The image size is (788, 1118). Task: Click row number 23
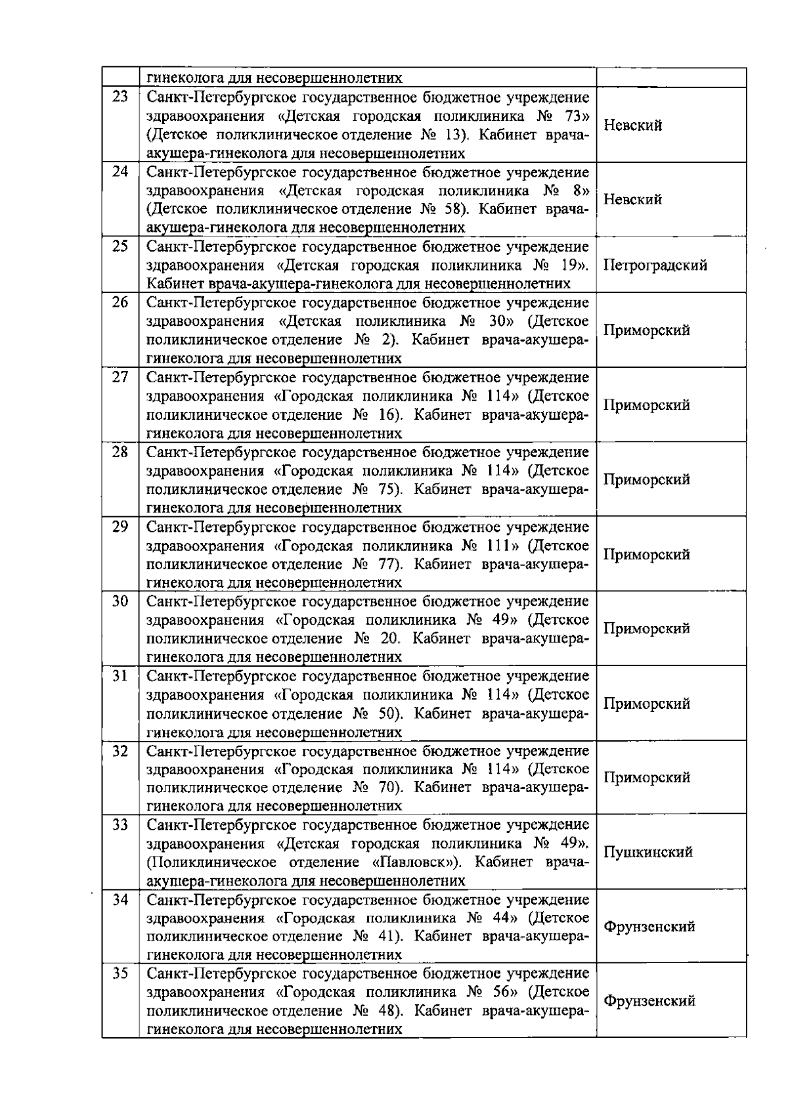(x=120, y=97)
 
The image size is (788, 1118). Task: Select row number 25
(x=120, y=247)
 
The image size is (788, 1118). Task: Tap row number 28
(x=120, y=453)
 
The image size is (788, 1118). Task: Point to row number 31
(x=120, y=676)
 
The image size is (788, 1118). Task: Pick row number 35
(x=120, y=973)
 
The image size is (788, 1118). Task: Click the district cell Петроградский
(x=655, y=266)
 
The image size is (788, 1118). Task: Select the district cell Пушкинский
(x=647, y=853)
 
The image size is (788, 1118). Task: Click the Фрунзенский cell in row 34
(x=649, y=927)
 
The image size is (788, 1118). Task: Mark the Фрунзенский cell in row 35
(x=649, y=1001)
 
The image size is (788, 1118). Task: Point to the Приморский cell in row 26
(x=646, y=330)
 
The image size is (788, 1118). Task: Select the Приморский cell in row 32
(x=646, y=778)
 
